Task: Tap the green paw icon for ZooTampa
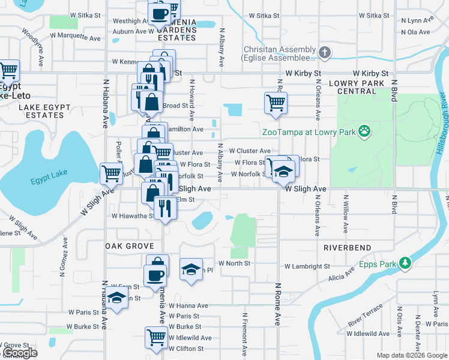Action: pyautogui.click(x=364, y=131)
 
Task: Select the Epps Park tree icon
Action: pyautogui.click(x=406, y=263)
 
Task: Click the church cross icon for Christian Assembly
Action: pyautogui.click(x=325, y=53)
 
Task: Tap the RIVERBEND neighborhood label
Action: pyautogui.click(x=347, y=247)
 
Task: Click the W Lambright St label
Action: pyautogui.click(x=307, y=266)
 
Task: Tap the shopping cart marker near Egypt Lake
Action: pyautogui.click(x=111, y=173)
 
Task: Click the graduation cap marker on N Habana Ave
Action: pyautogui.click(x=117, y=298)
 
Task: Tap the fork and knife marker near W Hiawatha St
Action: pyautogui.click(x=164, y=208)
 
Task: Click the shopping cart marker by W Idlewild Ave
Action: pyautogui.click(x=156, y=337)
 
